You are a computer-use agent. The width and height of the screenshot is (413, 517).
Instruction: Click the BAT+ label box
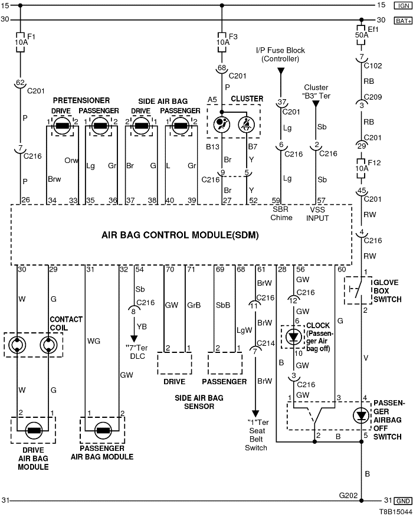pyautogui.click(x=403, y=20)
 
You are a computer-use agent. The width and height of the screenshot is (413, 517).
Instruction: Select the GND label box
pyautogui.click(x=404, y=501)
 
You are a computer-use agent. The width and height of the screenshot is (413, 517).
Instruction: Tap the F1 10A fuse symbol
pyautogui.click(x=21, y=42)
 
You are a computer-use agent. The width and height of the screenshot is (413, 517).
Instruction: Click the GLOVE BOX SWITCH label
pyautogui.click(x=387, y=290)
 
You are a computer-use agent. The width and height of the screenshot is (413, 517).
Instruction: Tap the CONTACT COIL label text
pyautogui.click(x=67, y=324)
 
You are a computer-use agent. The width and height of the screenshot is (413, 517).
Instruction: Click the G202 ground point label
pyautogui.click(x=348, y=496)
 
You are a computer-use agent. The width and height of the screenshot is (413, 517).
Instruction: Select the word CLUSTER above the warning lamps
pyautogui.click(x=247, y=99)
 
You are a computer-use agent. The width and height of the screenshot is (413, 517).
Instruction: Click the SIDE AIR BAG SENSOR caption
pyautogui.click(x=199, y=403)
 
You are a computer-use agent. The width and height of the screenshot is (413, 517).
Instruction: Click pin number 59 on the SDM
pyautogui.click(x=275, y=201)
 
